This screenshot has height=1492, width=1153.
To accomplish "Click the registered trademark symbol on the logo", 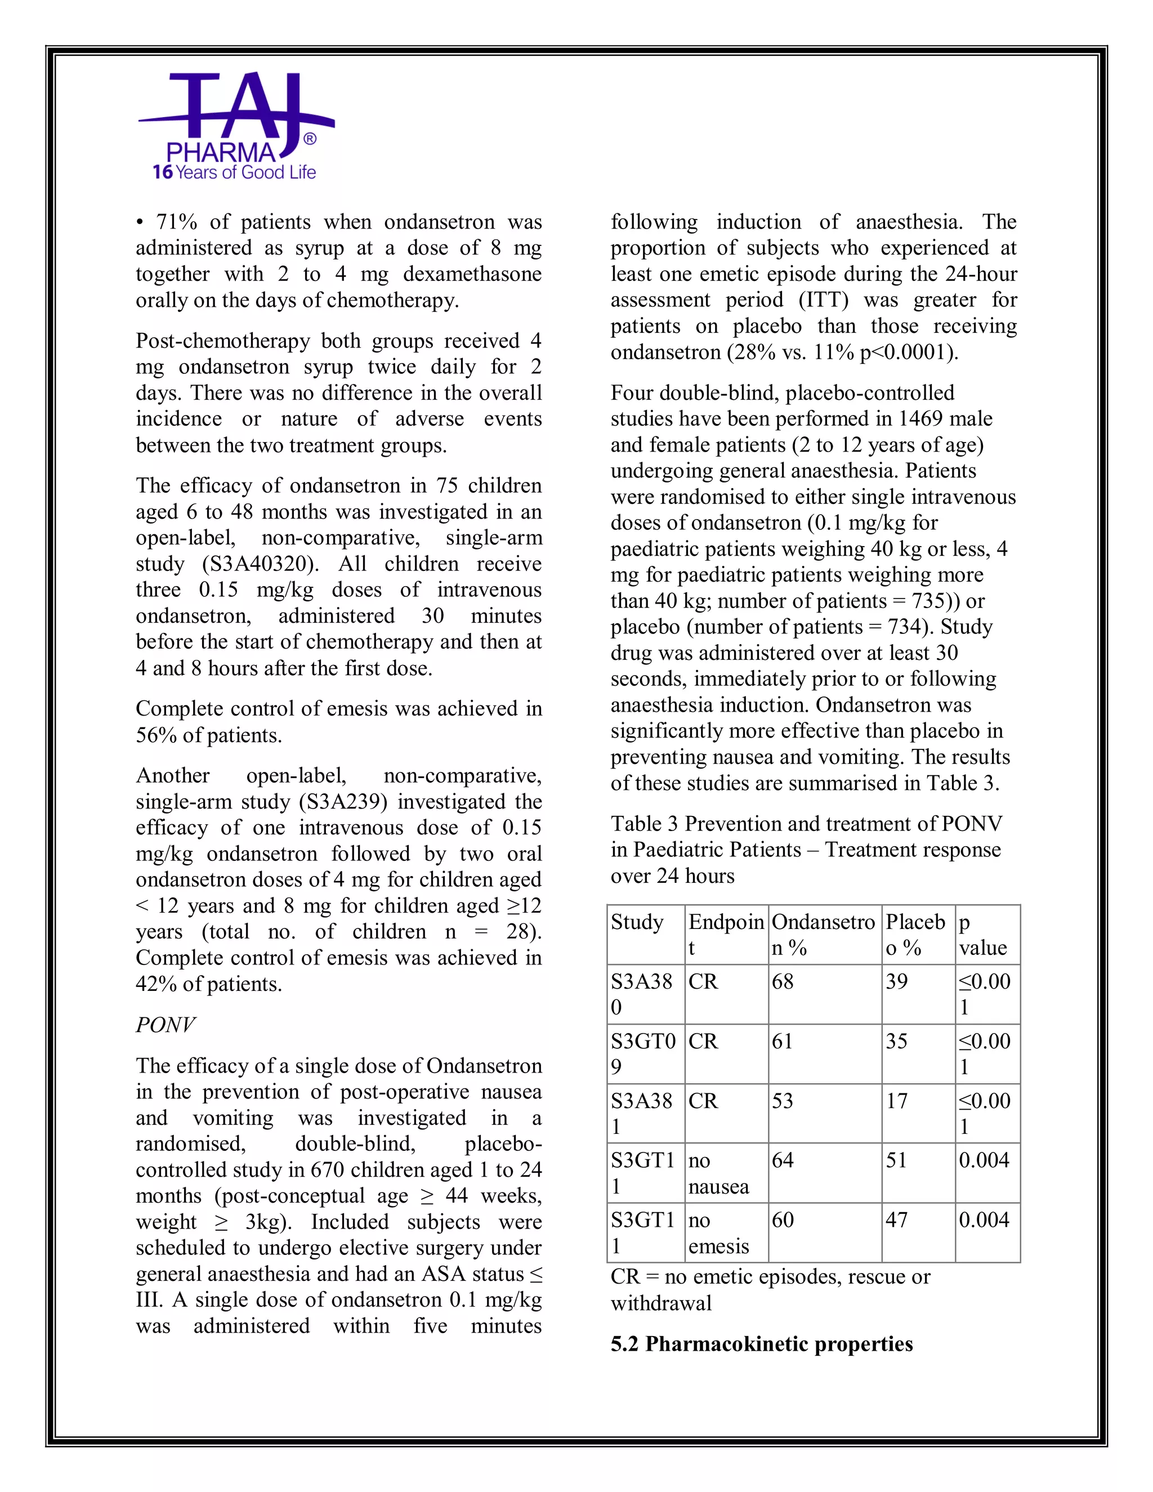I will (x=310, y=140).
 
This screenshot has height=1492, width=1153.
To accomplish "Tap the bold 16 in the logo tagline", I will (x=163, y=172).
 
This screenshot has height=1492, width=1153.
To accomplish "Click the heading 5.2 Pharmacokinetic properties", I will (x=762, y=1344).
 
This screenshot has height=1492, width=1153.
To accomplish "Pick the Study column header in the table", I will (x=637, y=922).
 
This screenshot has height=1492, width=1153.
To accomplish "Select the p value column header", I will (x=982, y=935).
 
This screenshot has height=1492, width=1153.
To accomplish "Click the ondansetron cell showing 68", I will (x=783, y=982).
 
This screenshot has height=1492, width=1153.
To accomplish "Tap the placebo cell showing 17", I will (x=896, y=1101).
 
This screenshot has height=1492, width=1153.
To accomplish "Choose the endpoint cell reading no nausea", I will (x=718, y=1173).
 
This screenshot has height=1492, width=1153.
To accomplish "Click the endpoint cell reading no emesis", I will (x=718, y=1233).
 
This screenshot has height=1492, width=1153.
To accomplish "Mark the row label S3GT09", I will (x=642, y=1053).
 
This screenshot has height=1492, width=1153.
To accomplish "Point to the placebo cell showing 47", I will (x=896, y=1220).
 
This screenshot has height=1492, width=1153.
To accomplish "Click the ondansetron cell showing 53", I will (x=783, y=1101).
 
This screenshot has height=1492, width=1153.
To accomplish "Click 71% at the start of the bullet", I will (x=176, y=222).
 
